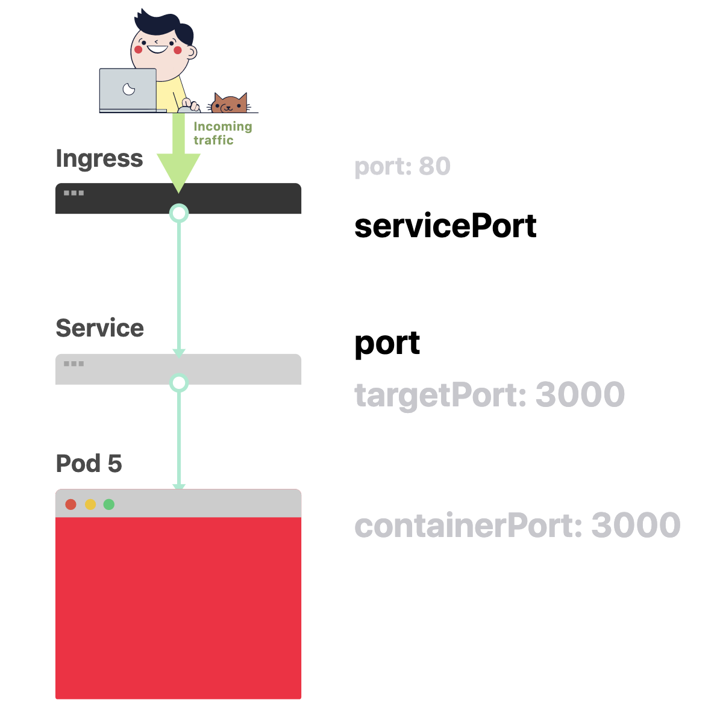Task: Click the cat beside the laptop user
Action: click(229, 104)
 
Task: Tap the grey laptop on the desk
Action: click(128, 90)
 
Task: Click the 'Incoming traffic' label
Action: click(222, 133)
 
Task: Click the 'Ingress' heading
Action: click(99, 159)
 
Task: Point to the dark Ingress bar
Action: click(241, 198)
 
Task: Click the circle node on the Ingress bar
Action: click(179, 213)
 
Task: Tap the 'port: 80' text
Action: click(402, 167)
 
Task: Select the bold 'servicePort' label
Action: click(445, 226)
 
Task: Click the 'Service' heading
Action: click(100, 329)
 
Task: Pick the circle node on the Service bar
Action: click(179, 383)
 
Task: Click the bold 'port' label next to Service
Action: click(387, 344)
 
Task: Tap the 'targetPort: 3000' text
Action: click(489, 395)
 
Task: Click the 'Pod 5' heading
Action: click(89, 464)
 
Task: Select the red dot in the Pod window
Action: click(71, 505)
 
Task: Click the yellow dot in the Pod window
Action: click(90, 505)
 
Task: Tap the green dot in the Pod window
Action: click(109, 505)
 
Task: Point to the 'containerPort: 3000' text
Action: click(518, 526)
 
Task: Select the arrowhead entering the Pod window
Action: click(179, 486)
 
